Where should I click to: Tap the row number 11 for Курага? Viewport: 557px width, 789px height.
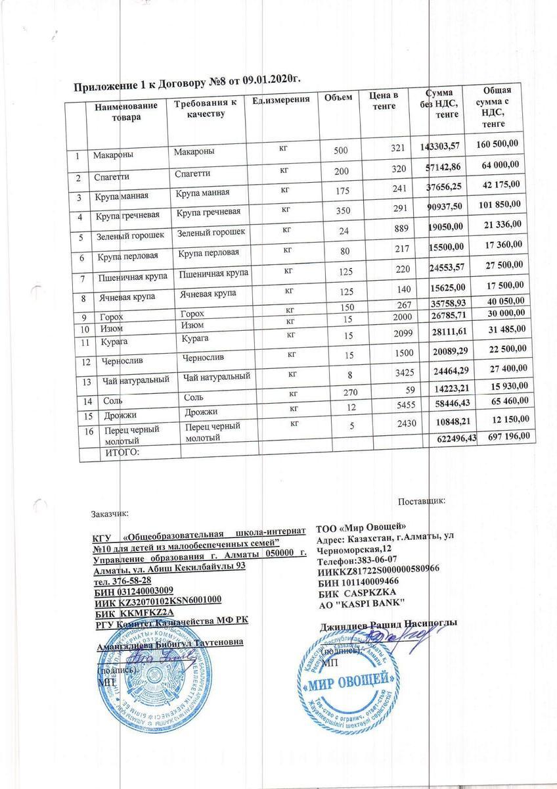[83, 343]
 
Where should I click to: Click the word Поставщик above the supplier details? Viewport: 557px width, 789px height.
[422, 502]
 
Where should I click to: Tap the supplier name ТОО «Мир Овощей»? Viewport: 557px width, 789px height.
[361, 527]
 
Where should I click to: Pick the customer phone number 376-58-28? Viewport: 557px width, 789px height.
[123, 580]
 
